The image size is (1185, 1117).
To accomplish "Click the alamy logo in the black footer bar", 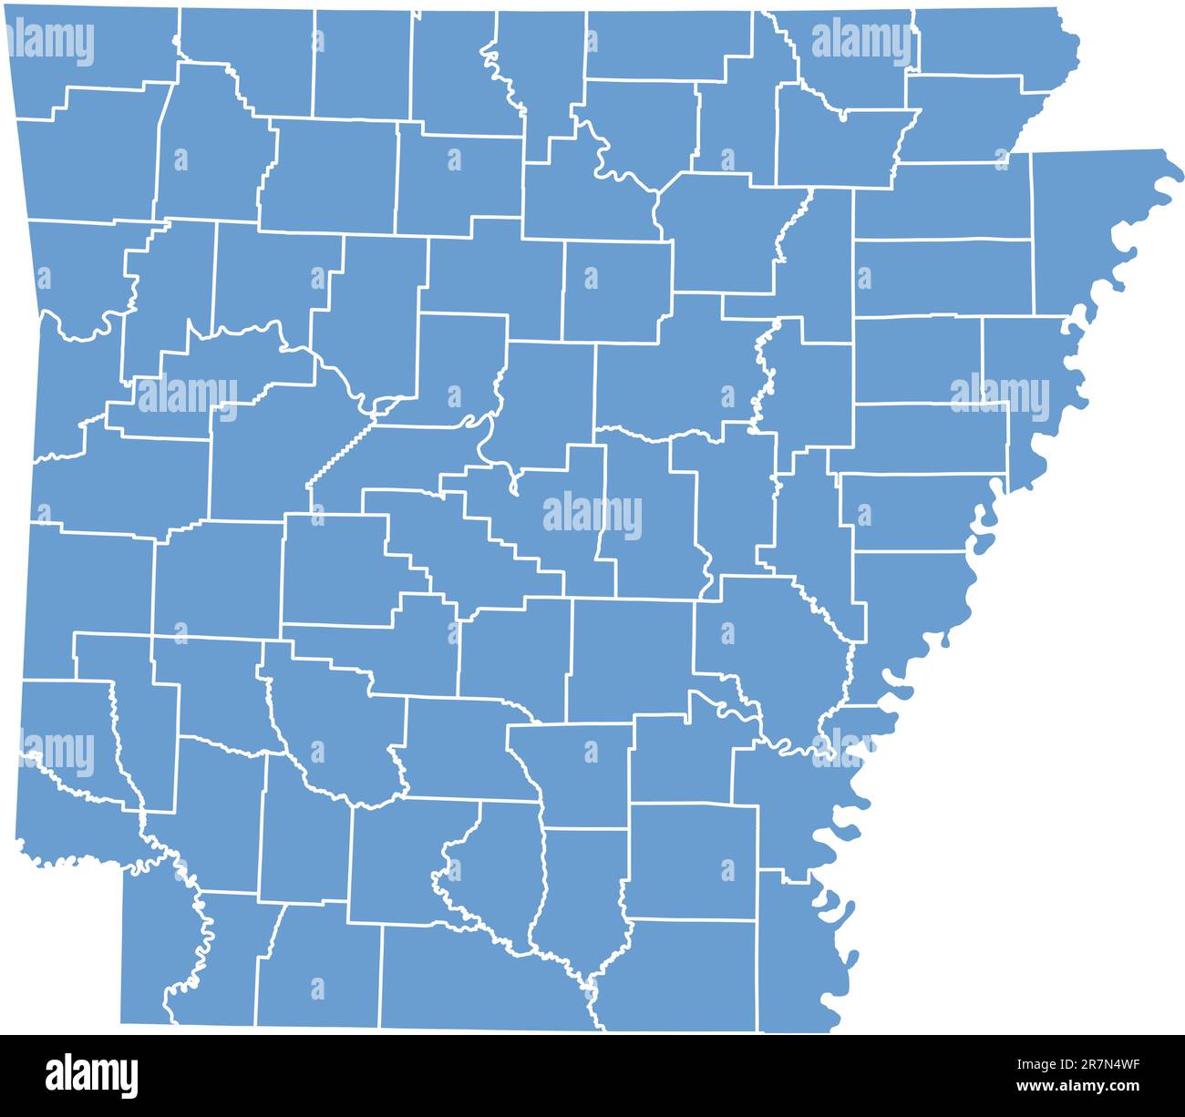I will click(x=91, y=1075).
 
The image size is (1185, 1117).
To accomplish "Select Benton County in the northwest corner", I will click(x=91, y=50).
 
